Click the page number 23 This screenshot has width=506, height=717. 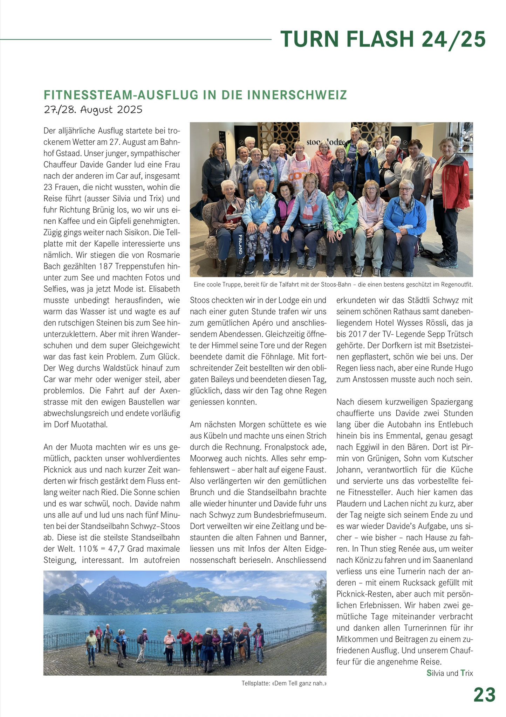tap(484, 694)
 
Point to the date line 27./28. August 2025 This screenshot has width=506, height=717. tap(93, 110)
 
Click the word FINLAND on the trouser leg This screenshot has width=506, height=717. tap(240, 244)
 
